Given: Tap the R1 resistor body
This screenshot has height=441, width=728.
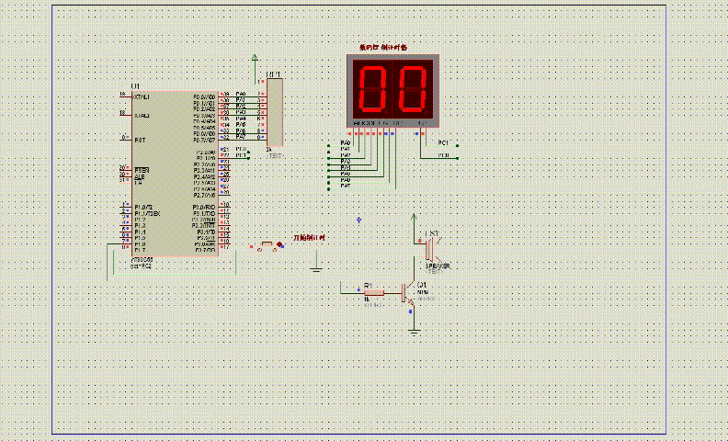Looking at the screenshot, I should (374, 293).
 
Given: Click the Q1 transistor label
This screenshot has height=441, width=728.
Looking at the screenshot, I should (423, 285).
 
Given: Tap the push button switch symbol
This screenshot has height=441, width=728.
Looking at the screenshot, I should (267, 245).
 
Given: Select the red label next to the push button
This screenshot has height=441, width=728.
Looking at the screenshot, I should (309, 238).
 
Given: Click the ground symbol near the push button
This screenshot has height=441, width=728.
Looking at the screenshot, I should (315, 269).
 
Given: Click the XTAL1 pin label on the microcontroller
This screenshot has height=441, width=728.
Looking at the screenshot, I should (142, 96).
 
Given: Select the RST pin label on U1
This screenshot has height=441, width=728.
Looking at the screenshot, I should (141, 140).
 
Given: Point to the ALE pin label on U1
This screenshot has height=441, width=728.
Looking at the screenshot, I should (140, 177).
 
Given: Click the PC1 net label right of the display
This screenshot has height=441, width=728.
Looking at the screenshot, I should (443, 143).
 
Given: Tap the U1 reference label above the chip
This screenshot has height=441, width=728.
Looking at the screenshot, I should (136, 85).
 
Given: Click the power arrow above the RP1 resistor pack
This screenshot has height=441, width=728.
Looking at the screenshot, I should (255, 59).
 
